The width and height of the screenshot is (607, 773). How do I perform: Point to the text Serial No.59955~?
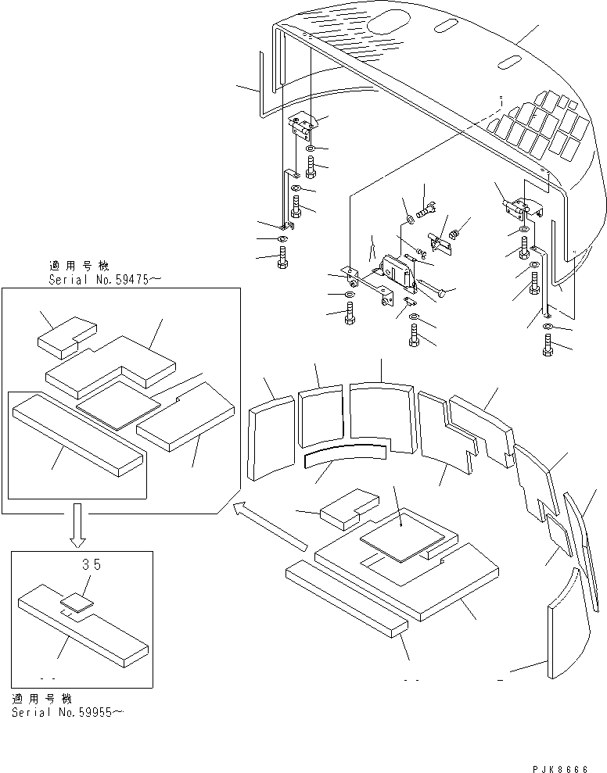tap(67, 712)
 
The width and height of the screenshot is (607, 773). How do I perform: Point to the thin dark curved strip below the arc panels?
tap(344, 453)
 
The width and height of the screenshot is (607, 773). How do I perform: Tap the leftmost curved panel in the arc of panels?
tap(269, 438)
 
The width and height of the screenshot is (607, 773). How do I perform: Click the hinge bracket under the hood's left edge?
tap(306, 126)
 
